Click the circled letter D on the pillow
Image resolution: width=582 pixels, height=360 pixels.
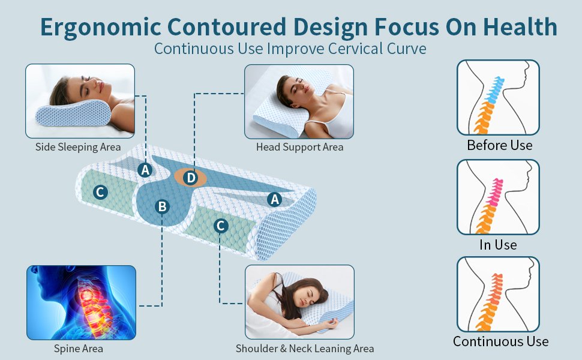coord(191,178)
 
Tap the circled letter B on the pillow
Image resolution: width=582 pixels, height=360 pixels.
coord(162,207)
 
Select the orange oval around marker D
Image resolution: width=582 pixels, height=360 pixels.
coord(190,178)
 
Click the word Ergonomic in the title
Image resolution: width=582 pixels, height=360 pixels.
coord(101,28)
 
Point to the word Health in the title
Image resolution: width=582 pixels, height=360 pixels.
coord(520,27)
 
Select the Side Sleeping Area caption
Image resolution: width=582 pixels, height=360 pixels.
coord(78,147)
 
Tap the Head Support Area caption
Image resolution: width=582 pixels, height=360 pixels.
coord(299,147)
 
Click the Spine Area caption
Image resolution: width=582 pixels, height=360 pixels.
coord(79,349)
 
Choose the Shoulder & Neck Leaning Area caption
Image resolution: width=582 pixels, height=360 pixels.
coord(305,349)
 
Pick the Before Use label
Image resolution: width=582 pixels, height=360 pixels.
coord(500,145)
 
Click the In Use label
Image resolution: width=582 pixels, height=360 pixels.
coord(498,245)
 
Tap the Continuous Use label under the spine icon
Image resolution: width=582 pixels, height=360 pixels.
coord(501,341)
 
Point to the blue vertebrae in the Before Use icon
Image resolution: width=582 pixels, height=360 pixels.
coord(494,90)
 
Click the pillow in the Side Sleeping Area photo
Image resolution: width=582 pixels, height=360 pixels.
coord(73,113)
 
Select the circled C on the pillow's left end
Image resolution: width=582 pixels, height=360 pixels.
coord(100,192)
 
